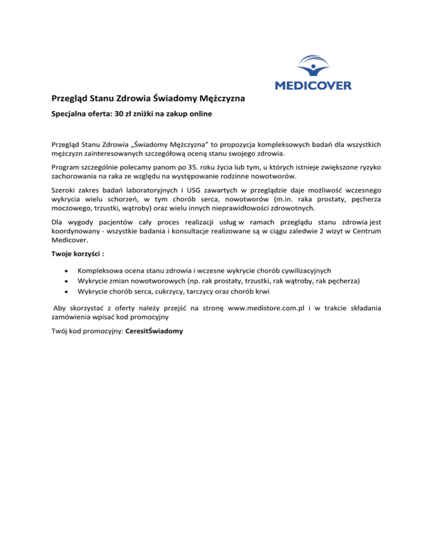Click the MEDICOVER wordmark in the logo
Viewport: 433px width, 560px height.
point(313,86)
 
